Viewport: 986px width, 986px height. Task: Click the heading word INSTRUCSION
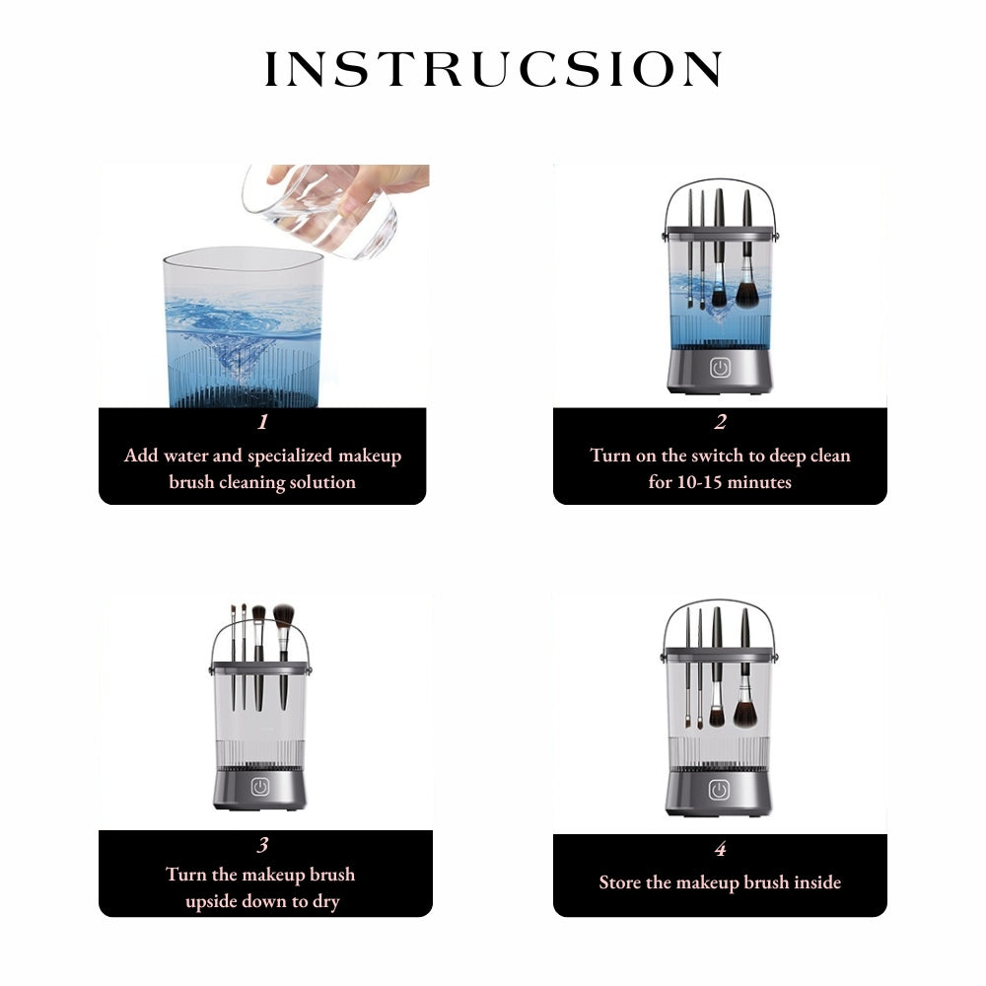tap(493, 69)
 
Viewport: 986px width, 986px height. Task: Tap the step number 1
tap(263, 421)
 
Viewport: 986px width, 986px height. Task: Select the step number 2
tap(720, 421)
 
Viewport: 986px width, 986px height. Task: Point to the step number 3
tap(263, 845)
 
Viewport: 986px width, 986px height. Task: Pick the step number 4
tap(720, 849)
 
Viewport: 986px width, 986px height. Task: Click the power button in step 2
tap(720, 368)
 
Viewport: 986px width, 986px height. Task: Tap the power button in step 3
tap(259, 787)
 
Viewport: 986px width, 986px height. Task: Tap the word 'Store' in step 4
tap(620, 882)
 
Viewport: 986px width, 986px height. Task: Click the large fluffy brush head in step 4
tap(745, 712)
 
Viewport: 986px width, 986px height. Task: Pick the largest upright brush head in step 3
tap(283, 615)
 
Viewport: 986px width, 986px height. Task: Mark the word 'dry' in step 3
tap(325, 902)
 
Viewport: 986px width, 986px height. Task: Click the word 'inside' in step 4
tap(817, 882)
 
